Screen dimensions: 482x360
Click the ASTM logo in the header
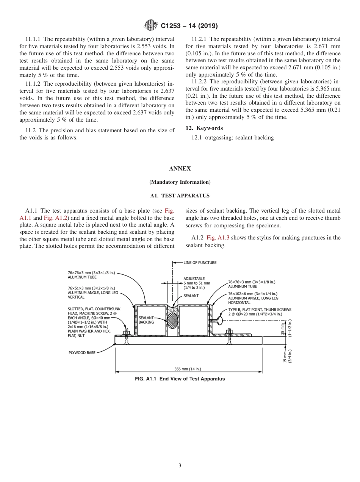click(x=151, y=26)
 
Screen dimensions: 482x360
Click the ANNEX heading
click(x=180, y=169)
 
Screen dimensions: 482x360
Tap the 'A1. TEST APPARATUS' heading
click(x=180, y=196)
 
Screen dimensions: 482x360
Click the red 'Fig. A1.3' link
click(x=218, y=238)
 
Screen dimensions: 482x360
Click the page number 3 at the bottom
click(x=180, y=465)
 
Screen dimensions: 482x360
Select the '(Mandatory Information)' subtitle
click(x=180, y=182)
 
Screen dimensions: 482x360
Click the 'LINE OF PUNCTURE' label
click(x=200, y=263)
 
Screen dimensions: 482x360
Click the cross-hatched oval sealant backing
click(x=172, y=321)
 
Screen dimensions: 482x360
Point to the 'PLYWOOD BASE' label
click(x=81, y=352)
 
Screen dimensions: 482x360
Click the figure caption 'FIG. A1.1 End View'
click(x=180, y=379)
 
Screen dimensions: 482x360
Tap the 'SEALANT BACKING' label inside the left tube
click(x=146, y=320)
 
